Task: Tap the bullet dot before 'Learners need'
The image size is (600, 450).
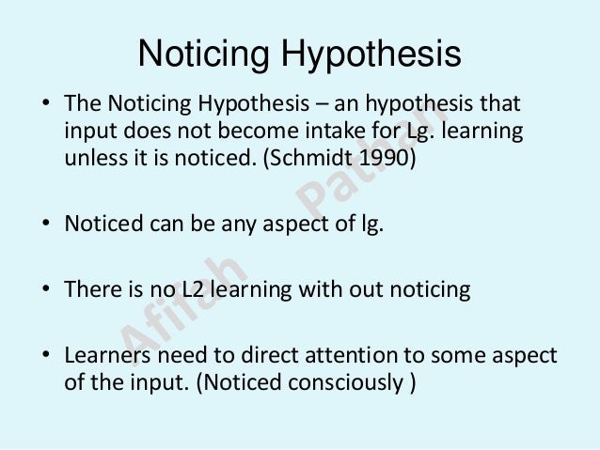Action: pos(45,358)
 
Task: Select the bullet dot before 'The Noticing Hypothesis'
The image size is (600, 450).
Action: pos(45,102)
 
